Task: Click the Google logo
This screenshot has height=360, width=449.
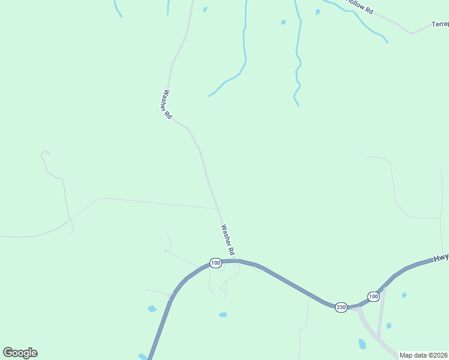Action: pos(20,353)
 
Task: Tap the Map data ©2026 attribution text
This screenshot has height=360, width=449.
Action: pos(423,355)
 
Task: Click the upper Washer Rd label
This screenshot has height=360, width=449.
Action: pos(166,104)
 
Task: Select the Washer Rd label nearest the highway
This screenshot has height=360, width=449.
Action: pos(228,238)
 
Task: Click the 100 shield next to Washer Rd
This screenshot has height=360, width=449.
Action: pos(215,263)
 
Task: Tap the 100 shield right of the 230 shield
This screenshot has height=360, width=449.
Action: pos(373,296)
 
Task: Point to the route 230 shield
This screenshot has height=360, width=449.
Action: pos(341,307)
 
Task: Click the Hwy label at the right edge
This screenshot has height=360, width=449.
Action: pos(441,257)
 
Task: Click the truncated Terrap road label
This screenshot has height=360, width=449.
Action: pos(440,25)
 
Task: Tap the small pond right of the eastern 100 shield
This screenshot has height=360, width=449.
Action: pos(404,295)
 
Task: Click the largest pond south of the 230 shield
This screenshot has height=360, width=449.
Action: pos(362,344)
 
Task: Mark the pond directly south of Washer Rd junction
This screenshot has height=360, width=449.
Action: pos(223,314)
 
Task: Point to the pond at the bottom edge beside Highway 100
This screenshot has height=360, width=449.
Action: pos(142,356)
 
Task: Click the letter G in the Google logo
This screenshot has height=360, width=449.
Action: pos(8,352)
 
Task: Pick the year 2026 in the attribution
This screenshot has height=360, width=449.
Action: pos(440,355)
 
